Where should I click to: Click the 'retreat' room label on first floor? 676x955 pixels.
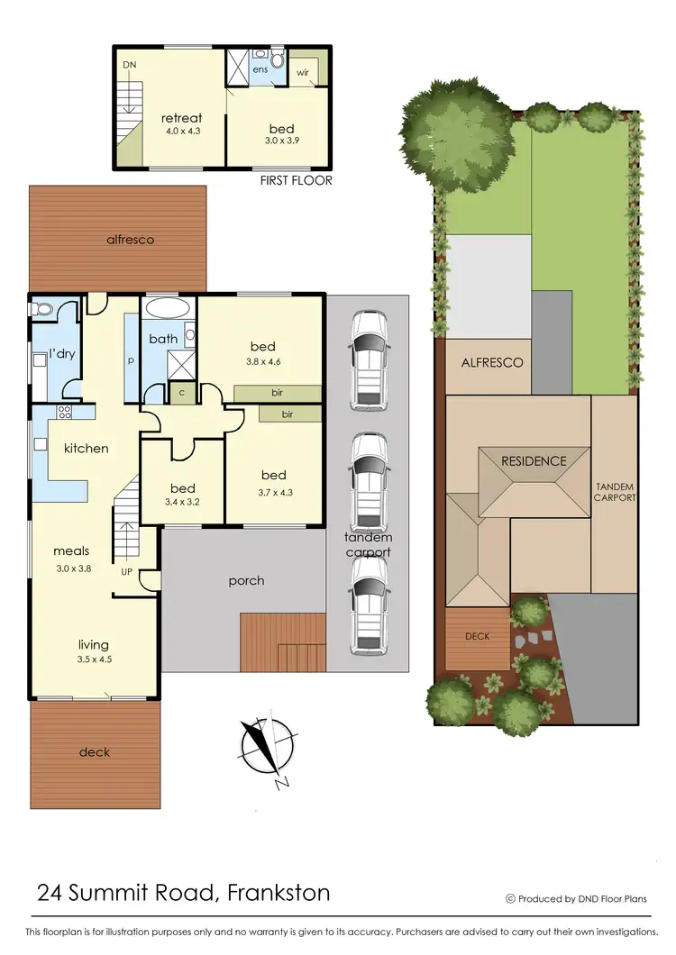(181, 118)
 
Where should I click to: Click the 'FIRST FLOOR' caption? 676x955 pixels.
(296, 180)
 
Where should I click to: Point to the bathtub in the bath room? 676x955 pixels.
(168, 308)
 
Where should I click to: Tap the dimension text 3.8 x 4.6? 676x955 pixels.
(263, 363)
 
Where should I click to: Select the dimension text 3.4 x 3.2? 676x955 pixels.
(184, 493)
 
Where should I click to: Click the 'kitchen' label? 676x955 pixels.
(86, 448)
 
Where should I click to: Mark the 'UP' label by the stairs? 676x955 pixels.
(127, 571)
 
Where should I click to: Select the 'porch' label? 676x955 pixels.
(246, 580)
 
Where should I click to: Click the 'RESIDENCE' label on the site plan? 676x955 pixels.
(534, 461)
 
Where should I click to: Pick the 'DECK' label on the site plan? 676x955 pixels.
(478, 636)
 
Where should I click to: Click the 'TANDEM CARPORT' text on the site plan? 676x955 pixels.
(616, 492)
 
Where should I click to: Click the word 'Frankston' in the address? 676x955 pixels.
(279, 893)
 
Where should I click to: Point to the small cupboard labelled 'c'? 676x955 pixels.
(183, 393)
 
